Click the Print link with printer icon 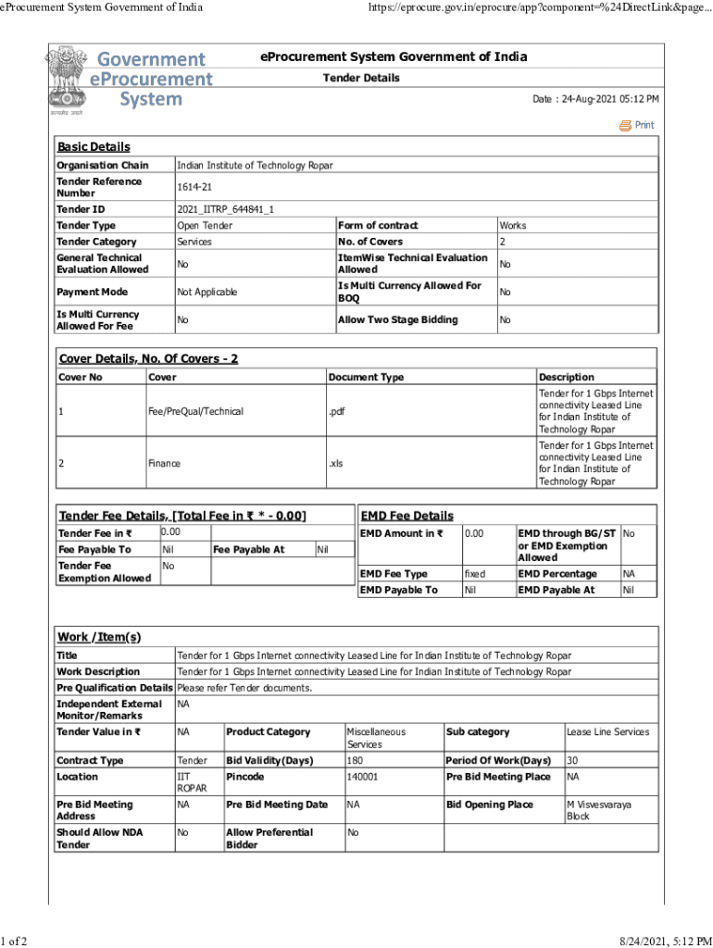pos(637,125)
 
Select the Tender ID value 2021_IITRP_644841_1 pos(225,210)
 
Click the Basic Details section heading pos(94,146)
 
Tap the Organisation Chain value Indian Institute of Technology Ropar pos(255,166)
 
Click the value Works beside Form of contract pos(512,226)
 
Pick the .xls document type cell pos(335,463)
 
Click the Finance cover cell pos(164,463)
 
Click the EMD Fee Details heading pos(407,516)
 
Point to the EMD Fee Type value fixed pos(474,574)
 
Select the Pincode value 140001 pos(362,777)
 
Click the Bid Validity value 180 pos(355,760)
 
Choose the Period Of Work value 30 pos(572,760)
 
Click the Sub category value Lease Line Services pos(607,732)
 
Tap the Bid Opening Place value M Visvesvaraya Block pos(598,810)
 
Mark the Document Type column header pos(366,377)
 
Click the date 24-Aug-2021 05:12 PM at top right pos(595,99)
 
